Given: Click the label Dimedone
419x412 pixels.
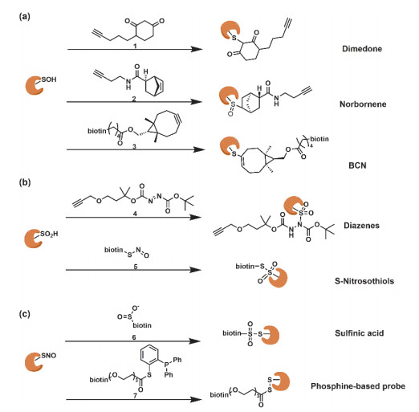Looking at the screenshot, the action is click(x=362, y=49).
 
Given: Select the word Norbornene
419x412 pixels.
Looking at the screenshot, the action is click(x=363, y=104).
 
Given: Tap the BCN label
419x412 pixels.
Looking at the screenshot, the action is click(x=357, y=165).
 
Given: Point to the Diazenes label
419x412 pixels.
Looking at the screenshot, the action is click(x=361, y=226).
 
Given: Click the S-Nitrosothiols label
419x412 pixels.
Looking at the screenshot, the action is click(x=364, y=281).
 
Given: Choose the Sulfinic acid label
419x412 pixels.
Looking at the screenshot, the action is click(x=360, y=333).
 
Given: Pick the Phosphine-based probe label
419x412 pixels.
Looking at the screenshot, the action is click(x=358, y=386).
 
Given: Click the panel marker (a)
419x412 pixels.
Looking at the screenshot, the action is click(x=25, y=17).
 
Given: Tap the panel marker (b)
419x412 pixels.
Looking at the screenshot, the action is click(x=25, y=182).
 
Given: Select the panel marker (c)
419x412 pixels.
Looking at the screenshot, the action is click(x=24, y=314).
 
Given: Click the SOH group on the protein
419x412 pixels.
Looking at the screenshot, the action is click(x=49, y=80).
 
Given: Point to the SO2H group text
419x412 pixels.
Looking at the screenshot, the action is click(x=49, y=234).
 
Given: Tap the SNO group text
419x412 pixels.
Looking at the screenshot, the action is click(x=49, y=356).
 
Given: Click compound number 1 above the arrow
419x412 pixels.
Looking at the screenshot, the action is click(x=135, y=46).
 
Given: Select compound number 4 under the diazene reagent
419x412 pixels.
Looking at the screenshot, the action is click(x=135, y=214).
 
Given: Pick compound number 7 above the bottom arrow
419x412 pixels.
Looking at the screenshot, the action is click(x=135, y=396).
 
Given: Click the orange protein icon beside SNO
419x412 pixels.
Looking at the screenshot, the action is click(x=33, y=362).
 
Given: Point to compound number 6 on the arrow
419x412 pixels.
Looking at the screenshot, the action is click(x=134, y=337).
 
